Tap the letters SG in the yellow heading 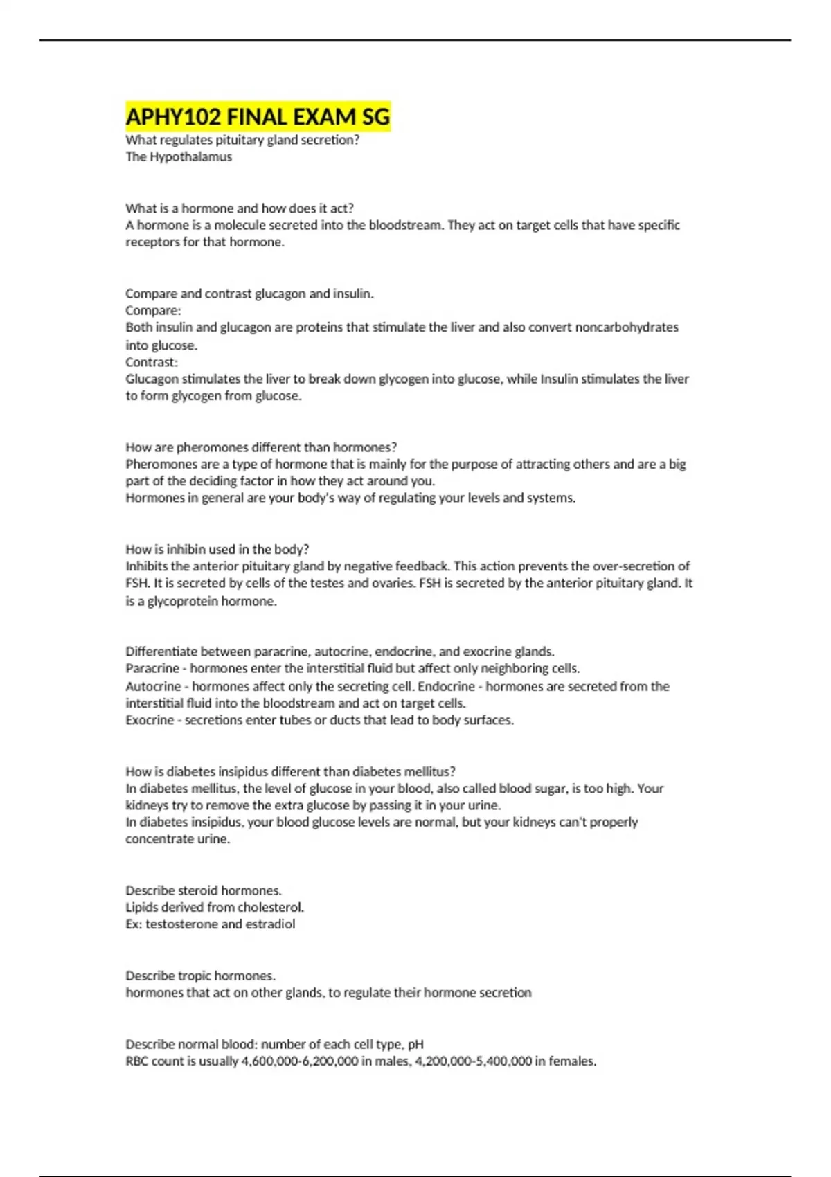click(x=376, y=117)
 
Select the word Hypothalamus click(x=190, y=156)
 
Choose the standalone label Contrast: click(x=152, y=362)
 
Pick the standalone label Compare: click(x=153, y=311)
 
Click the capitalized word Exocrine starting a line click(x=150, y=720)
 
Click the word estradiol click(x=270, y=924)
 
